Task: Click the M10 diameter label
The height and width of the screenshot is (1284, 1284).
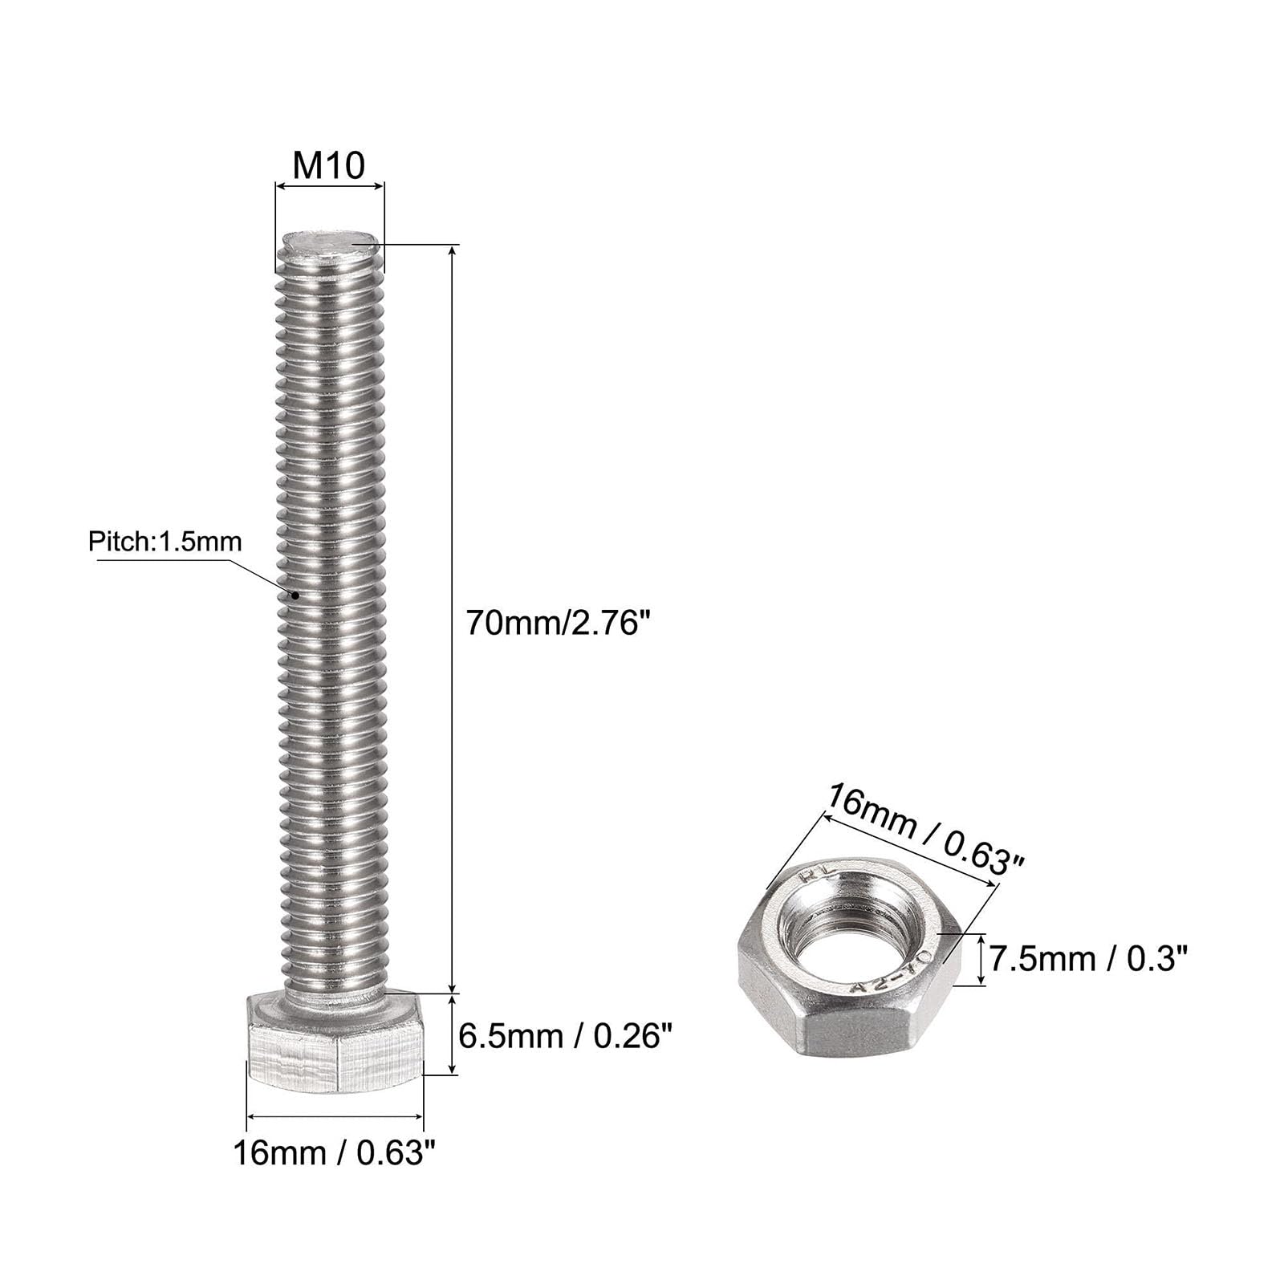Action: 329,165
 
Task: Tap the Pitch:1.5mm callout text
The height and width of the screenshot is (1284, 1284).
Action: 165,542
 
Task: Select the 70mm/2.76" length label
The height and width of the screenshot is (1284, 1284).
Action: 557,623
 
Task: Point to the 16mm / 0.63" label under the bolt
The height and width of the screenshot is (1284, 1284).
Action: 336,1153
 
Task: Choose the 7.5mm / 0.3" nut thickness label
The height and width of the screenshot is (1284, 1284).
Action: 1087,958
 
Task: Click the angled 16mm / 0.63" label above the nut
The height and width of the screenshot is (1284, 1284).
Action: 926,830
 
